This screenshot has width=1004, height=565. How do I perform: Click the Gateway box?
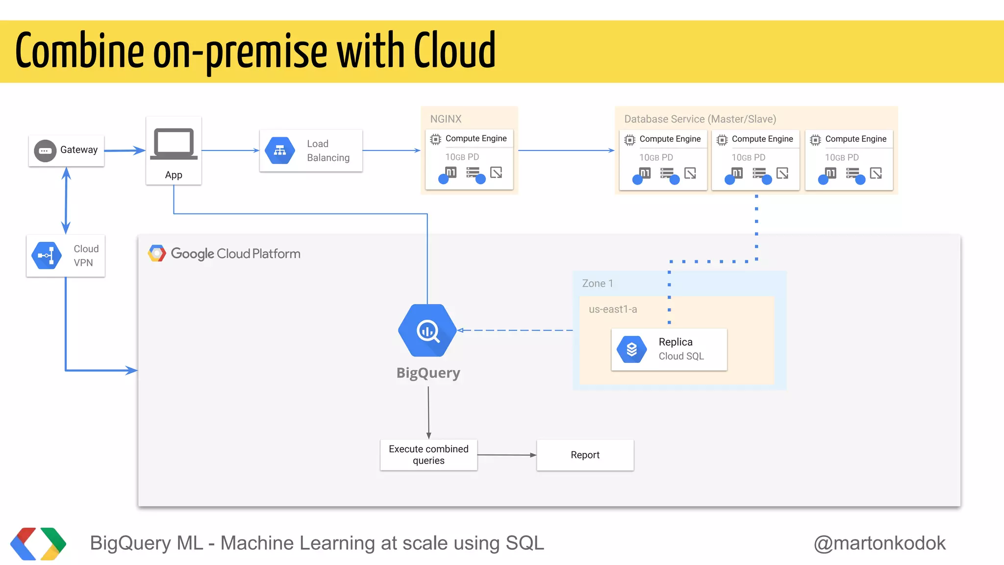[x=66, y=151]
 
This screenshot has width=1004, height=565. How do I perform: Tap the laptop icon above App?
[x=174, y=144]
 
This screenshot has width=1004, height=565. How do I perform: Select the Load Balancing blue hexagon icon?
[x=280, y=151]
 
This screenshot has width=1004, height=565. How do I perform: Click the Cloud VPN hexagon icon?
[x=47, y=256]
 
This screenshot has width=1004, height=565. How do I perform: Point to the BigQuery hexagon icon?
[x=427, y=331]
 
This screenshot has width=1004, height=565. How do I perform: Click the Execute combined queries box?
[x=428, y=455]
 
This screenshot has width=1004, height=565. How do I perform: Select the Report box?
[x=585, y=455]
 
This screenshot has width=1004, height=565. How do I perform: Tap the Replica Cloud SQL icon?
[x=631, y=349]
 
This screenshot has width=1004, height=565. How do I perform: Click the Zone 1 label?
[x=597, y=283]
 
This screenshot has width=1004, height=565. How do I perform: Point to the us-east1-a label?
[x=613, y=309]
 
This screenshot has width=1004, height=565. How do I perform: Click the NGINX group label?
[x=446, y=119]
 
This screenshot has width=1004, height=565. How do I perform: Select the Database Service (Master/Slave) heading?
[x=700, y=119]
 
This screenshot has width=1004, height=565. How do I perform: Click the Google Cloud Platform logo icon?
[x=157, y=254]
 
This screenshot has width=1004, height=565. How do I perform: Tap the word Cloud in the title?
[x=454, y=51]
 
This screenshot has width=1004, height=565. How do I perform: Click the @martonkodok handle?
[x=879, y=543]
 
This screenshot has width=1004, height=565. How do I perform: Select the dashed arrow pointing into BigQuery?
[x=515, y=330]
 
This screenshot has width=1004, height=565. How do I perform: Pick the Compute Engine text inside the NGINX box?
[x=476, y=139]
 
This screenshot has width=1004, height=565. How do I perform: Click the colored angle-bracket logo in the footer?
[x=38, y=543]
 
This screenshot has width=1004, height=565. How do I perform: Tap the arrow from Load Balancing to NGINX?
[x=391, y=151]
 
